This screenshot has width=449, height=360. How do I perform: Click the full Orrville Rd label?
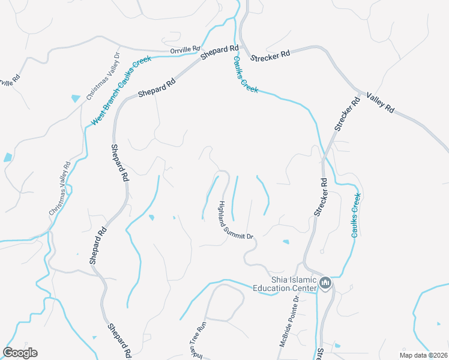pyautogui.click(x=184, y=50)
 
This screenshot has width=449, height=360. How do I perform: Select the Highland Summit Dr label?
pyautogui.click(x=235, y=220)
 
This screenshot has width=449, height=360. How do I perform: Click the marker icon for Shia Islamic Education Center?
pyautogui.click(x=325, y=283)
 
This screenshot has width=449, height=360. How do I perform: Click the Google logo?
pyautogui.click(x=20, y=353)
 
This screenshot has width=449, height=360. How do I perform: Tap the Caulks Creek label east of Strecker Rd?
pyautogui.click(x=356, y=215)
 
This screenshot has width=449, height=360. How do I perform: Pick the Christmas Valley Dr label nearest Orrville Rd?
pyautogui.click(x=103, y=76)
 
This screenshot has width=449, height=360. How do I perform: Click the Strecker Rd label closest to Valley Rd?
pyautogui.click(x=347, y=114)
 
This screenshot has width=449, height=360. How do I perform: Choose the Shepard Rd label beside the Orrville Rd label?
pyautogui.click(x=220, y=52)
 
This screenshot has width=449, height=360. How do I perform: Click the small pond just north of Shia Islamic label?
pyautogui.click(x=286, y=242)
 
